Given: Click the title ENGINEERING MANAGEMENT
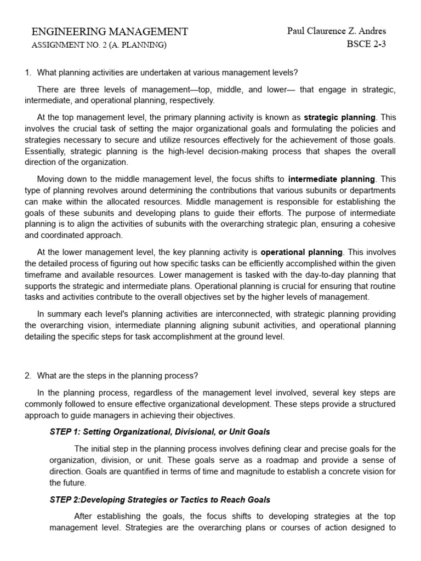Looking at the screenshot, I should tap(110, 32).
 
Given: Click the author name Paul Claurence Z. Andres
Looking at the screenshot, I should tap(337, 31).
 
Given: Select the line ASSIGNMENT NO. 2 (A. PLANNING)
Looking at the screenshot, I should tap(99, 45).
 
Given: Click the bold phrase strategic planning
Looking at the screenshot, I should tap(340, 117).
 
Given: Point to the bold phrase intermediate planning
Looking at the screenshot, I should tap(332, 179).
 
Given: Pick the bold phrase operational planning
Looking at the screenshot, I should tap(301, 252).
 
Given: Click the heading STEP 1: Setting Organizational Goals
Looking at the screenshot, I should tap(160, 432).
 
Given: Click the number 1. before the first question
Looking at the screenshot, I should tap(29, 73).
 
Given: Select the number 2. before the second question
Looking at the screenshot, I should tap(29, 375).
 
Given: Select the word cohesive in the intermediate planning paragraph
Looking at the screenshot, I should tap(378, 225).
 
